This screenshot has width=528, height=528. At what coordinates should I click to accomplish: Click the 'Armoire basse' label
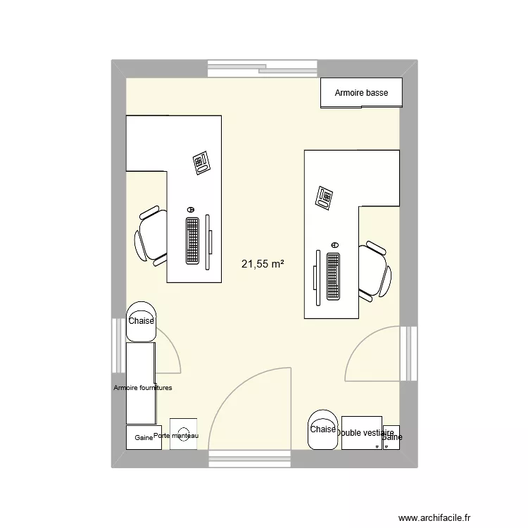pyautogui.click(x=361, y=93)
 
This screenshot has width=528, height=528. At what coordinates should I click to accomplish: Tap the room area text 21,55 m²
pyautogui.click(x=263, y=265)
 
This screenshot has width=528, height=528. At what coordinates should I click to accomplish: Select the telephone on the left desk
pyautogui.click(x=202, y=163)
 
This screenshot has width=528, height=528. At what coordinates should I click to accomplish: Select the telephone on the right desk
pyautogui.click(x=325, y=196)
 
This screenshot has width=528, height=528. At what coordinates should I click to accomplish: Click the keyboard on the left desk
pyautogui.click(x=192, y=240)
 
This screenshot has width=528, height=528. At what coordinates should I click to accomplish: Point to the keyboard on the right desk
pyautogui.click(x=333, y=277)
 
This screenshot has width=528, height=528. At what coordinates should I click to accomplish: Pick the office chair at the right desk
pyautogui.click(x=373, y=270)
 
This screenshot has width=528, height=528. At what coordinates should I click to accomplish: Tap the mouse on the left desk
pyautogui.click(x=190, y=210)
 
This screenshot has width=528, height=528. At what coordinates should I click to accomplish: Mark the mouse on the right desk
pyautogui.click(x=334, y=244)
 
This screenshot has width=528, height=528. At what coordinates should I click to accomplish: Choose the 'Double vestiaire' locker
pyautogui.click(x=362, y=433)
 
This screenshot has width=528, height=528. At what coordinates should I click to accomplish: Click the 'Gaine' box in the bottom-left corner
pyautogui.click(x=144, y=437)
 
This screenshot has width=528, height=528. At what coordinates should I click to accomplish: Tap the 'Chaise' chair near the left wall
pyautogui.click(x=141, y=321)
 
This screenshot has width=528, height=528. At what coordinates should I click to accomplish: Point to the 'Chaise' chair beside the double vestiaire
pyautogui.click(x=322, y=429)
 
